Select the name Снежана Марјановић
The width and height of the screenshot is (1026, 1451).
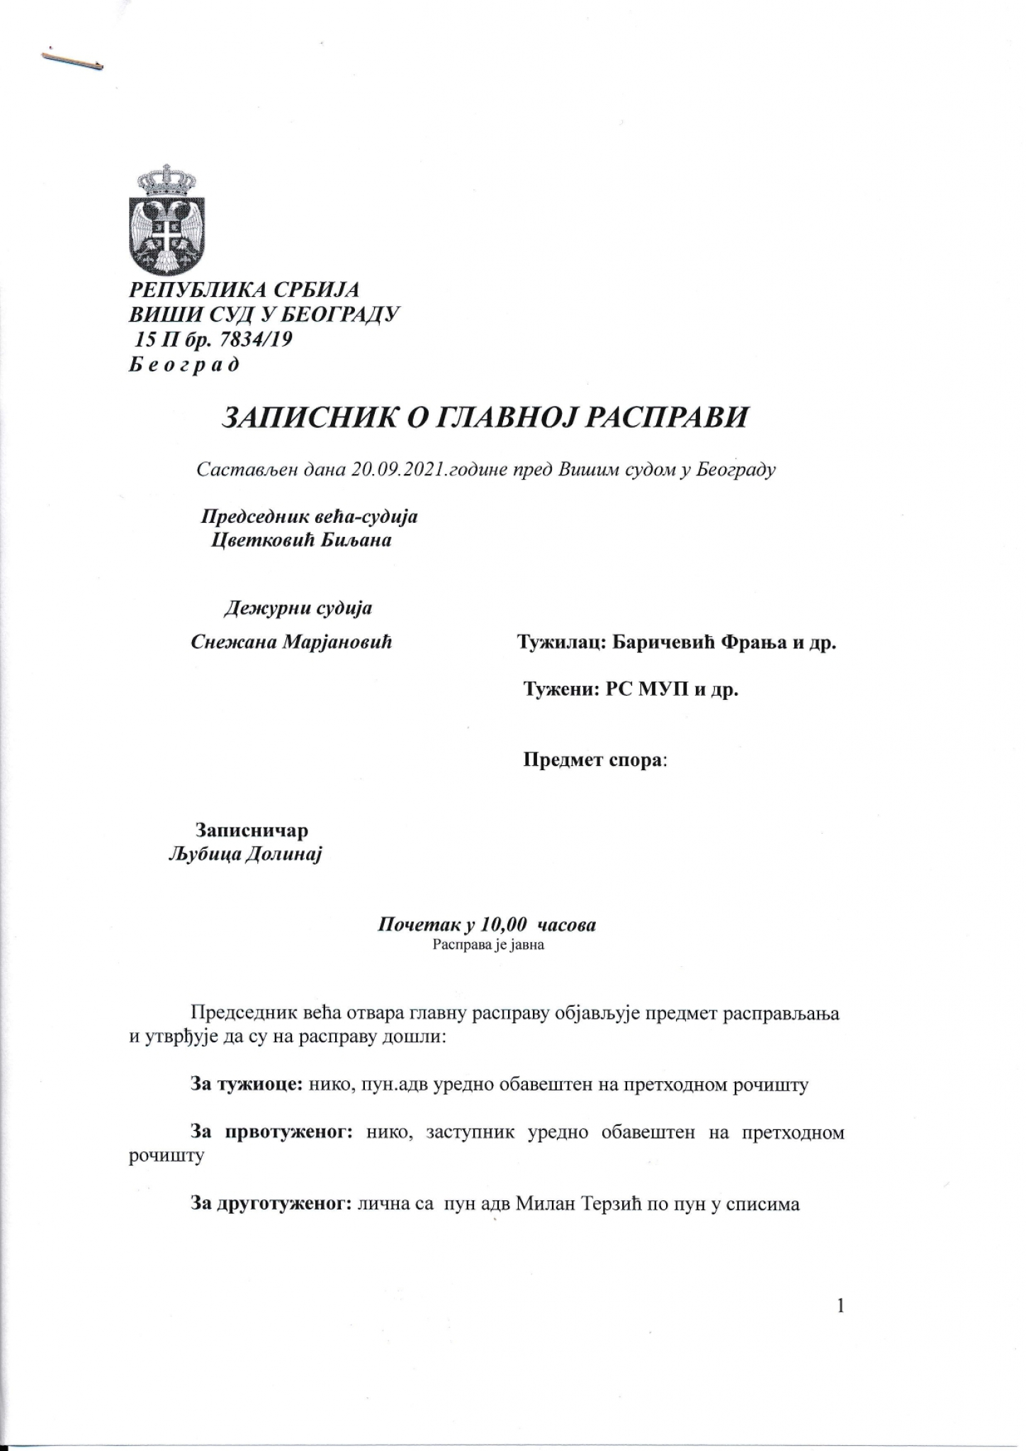coord(292,642)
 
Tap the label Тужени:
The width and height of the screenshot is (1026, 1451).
coord(559,689)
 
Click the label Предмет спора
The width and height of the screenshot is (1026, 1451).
coord(593,761)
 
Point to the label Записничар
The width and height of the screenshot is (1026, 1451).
coord(252,830)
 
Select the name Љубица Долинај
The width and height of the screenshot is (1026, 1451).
coord(245,856)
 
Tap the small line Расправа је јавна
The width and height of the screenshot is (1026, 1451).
coord(488,945)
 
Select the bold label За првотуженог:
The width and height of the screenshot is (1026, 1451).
coord(271,1132)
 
